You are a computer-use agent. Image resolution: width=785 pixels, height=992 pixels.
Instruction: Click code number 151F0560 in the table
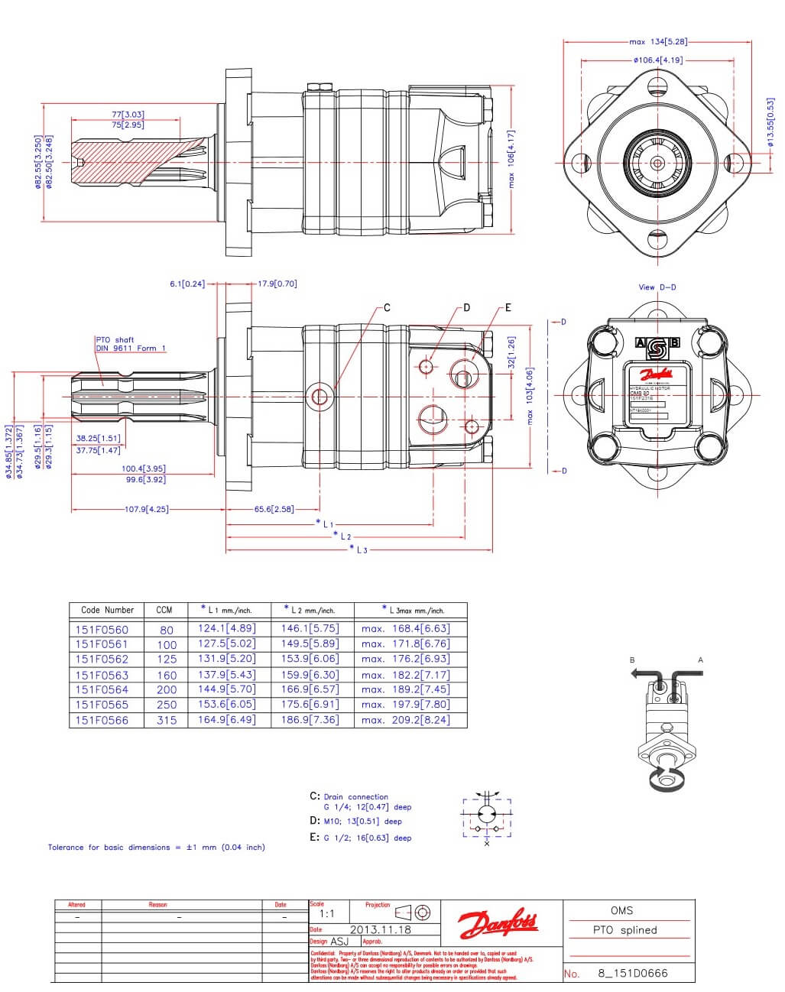102,630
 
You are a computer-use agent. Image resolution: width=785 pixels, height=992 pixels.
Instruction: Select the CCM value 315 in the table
167,720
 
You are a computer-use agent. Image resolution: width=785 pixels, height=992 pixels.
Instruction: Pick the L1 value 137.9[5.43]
226,675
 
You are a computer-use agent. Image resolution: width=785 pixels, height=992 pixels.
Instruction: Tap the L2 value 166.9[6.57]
310,689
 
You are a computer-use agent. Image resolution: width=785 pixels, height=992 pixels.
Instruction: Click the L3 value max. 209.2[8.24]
406,720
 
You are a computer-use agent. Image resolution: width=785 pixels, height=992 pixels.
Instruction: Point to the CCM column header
164,610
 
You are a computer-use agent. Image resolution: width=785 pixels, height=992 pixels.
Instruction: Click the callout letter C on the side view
387,308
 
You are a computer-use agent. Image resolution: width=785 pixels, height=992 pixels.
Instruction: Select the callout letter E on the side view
508,308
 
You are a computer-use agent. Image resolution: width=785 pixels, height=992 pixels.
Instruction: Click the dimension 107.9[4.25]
147,509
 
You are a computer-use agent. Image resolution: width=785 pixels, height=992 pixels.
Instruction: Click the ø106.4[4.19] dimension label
657,60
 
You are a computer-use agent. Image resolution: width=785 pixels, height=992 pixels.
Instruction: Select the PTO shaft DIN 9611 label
130,344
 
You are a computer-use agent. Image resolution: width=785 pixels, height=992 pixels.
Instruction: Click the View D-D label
657,287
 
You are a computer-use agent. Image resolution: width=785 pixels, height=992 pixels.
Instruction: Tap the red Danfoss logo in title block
498,924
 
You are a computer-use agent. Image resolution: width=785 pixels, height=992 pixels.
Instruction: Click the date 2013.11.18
380,929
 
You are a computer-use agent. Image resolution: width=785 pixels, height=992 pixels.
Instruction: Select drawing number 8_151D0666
632,974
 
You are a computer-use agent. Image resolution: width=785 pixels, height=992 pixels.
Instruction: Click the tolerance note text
156,847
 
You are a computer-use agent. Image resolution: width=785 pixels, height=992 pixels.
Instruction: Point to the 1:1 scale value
326,913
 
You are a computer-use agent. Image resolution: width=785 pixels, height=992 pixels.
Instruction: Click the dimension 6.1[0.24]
187,284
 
